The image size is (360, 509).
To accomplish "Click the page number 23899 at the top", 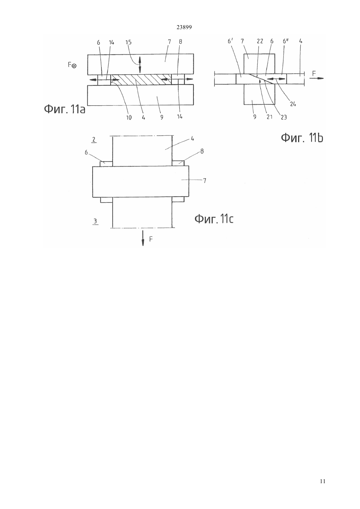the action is (184, 27).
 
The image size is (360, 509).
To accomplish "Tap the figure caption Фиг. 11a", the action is (64, 109).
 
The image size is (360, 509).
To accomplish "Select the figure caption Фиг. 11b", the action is (302, 138).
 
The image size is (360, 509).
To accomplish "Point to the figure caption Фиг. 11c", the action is (214, 219).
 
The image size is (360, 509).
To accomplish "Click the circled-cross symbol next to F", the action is (74, 66).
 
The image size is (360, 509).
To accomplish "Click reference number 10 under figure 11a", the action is (129, 117).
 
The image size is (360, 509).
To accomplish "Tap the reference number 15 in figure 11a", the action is (128, 43).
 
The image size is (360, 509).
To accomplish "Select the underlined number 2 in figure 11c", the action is (94, 140).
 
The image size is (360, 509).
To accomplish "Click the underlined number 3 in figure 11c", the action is (95, 221).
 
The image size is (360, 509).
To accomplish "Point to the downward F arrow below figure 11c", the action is (143, 238).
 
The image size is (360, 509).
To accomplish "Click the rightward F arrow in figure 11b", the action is (316, 78).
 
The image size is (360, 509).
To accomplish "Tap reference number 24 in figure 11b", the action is (293, 104).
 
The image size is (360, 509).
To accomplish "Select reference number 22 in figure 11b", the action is (260, 41).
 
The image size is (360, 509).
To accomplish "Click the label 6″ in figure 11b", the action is (285, 41).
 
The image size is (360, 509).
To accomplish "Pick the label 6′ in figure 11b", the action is (230, 41).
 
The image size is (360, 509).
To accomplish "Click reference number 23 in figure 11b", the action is (284, 117).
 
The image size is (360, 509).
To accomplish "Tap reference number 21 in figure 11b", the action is (270, 117).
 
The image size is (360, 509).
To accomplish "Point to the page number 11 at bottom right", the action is (322, 481).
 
